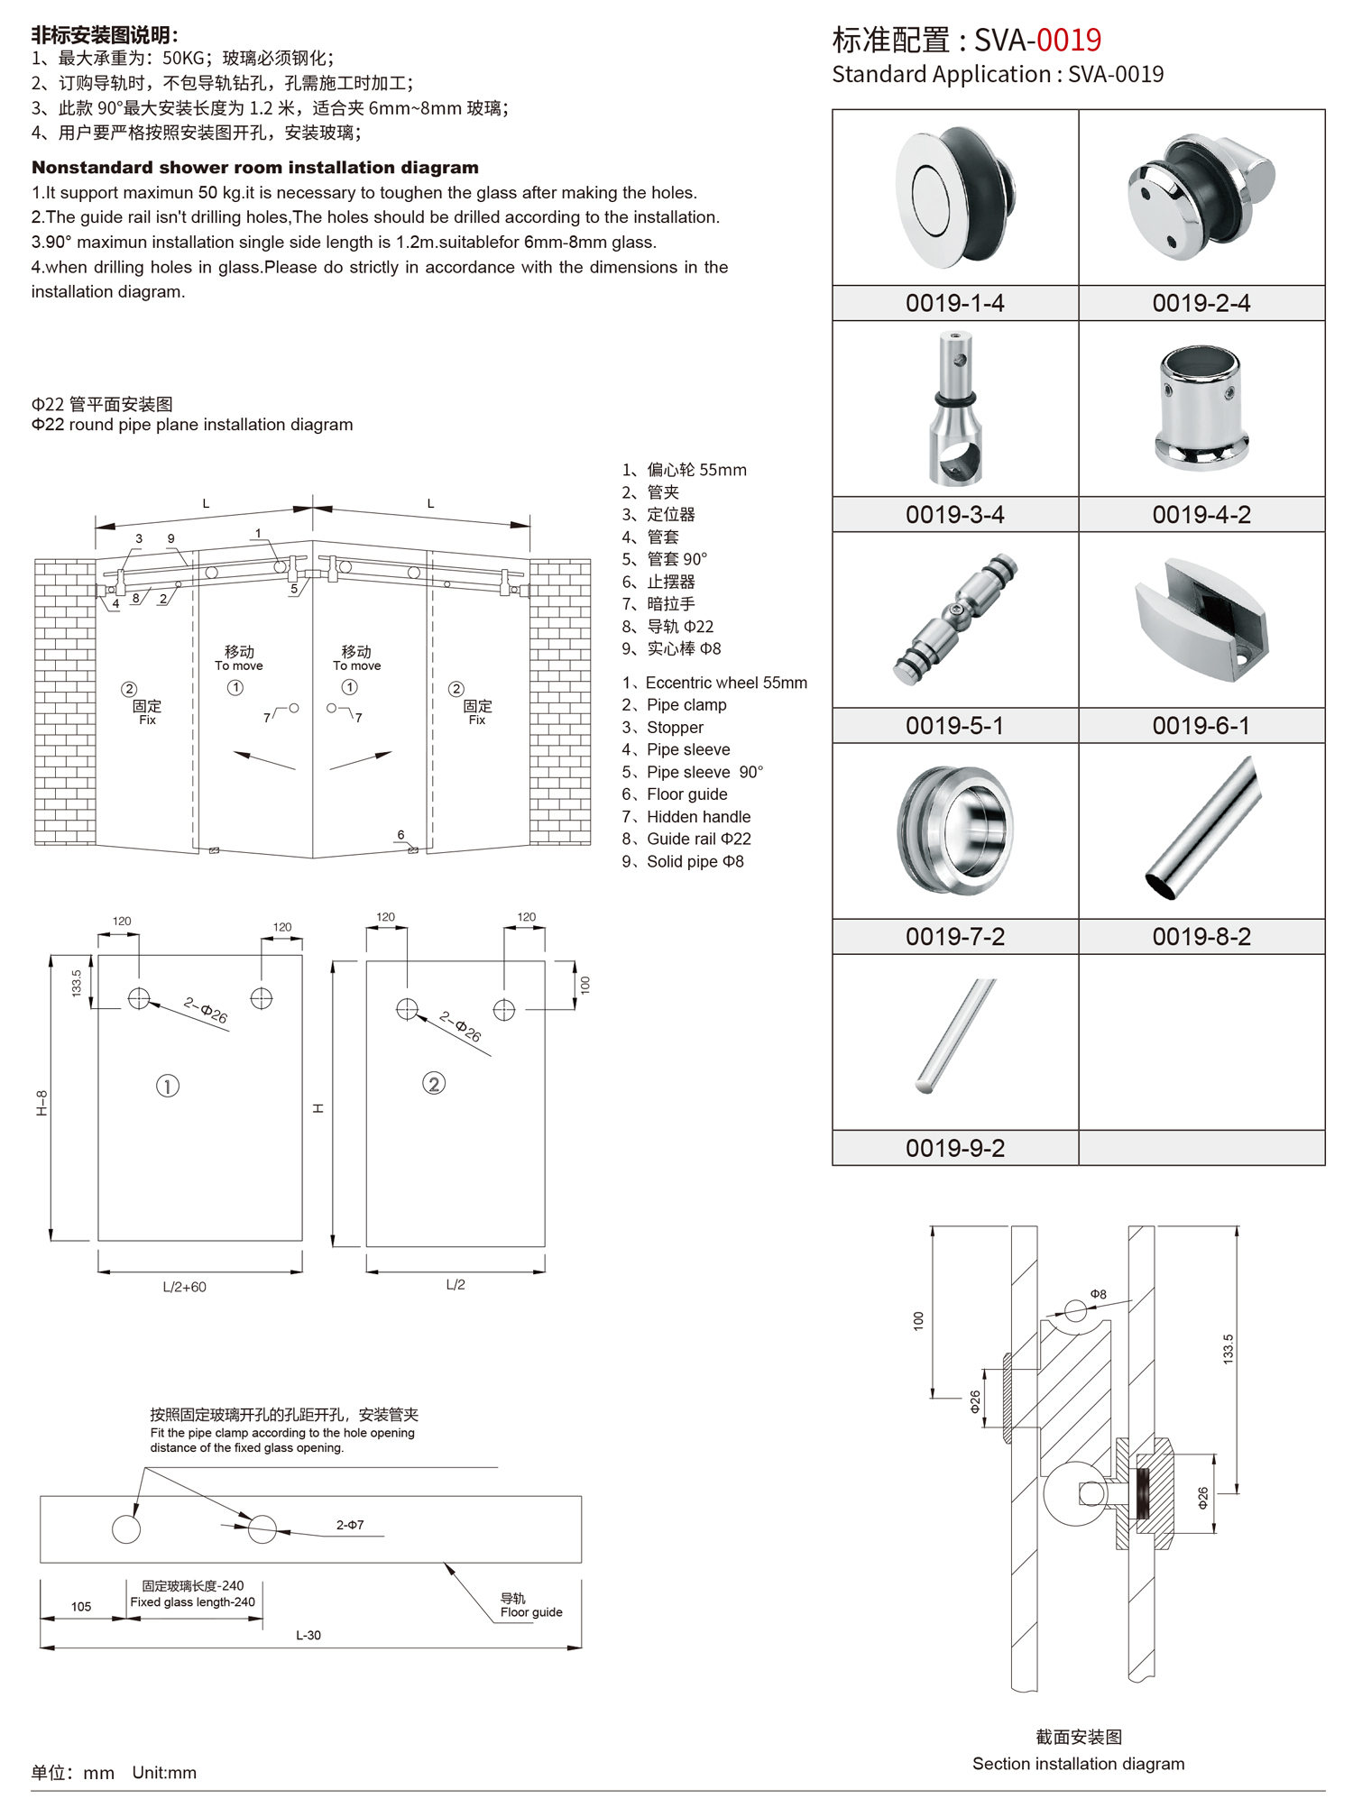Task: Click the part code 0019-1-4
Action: click(954, 303)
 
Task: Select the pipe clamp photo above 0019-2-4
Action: click(1201, 197)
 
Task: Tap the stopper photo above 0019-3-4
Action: click(955, 408)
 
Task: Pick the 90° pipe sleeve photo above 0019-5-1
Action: click(955, 620)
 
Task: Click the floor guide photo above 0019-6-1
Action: click(1201, 620)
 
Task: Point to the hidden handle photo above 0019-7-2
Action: click(955, 830)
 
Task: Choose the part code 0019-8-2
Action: click(1201, 937)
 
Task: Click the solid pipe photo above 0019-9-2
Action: click(955, 1037)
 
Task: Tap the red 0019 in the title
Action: click(1069, 41)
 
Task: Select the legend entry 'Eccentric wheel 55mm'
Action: click(726, 683)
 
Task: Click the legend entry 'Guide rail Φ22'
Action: click(698, 839)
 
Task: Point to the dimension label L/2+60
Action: click(185, 1287)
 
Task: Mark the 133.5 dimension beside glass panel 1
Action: click(77, 982)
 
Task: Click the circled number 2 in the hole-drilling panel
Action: click(434, 1084)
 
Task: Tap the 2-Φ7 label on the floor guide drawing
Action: click(350, 1525)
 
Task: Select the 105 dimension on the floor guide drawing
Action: click(81, 1606)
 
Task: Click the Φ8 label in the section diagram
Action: click(1098, 1294)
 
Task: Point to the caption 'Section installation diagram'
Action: click(1078, 1764)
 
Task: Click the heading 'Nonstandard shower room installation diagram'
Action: click(255, 168)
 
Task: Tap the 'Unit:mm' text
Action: click(164, 1773)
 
